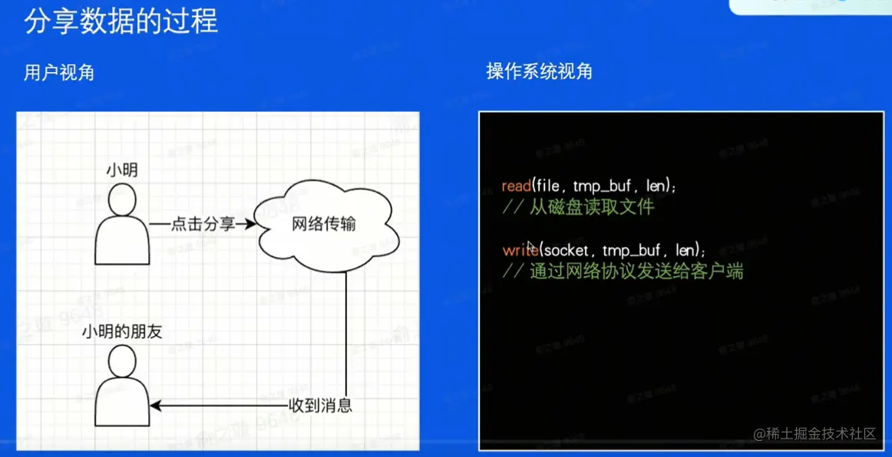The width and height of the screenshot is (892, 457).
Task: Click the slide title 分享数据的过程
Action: pyautogui.click(x=121, y=22)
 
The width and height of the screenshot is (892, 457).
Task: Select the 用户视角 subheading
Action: pyautogui.click(x=59, y=73)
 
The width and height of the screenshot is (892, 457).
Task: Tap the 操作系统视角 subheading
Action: pyautogui.click(x=539, y=72)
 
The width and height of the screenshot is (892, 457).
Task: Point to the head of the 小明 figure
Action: pyautogui.click(x=122, y=200)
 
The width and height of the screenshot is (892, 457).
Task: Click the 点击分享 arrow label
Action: pyautogui.click(x=194, y=225)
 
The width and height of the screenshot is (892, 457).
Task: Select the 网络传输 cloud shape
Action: pyautogui.click(x=324, y=225)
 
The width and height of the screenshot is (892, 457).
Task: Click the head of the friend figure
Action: pyautogui.click(x=122, y=361)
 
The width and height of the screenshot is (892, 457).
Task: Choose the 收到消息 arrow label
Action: pyautogui.click(x=320, y=405)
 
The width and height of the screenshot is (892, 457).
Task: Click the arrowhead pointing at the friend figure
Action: pyautogui.click(x=155, y=405)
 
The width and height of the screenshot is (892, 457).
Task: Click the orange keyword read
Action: pyautogui.click(x=516, y=186)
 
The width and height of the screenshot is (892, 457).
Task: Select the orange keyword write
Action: pyautogui.click(x=520, y=251)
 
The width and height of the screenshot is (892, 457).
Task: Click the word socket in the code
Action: pyautogui.click(x=567, y=251)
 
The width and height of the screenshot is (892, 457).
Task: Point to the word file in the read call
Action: pyautogui.click(x=547, y=186)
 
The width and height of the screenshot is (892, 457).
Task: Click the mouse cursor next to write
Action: pyautogui.click(x=531, y=246)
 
